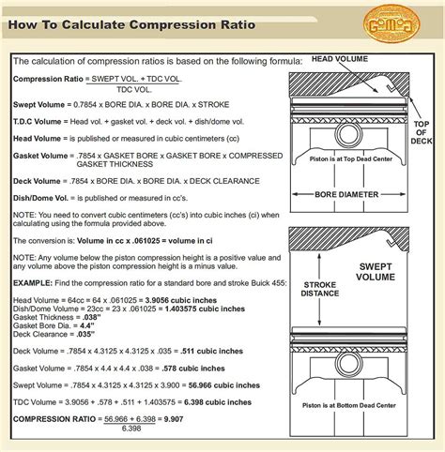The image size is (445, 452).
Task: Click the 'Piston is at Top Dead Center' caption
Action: pos(351,160)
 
